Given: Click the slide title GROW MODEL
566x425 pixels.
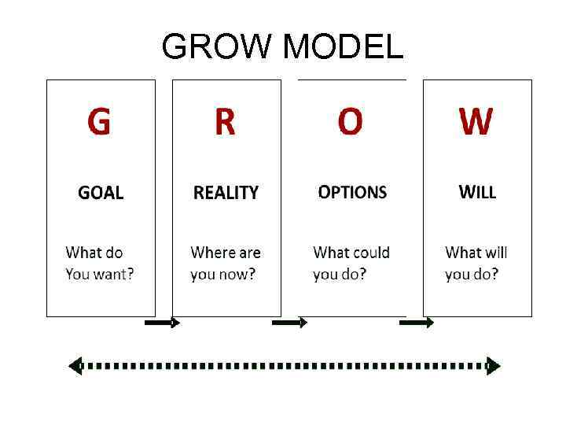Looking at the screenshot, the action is point(282,48).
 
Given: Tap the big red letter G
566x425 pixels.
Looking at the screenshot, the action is point(99,123).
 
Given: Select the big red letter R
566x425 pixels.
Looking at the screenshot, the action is point(225,123).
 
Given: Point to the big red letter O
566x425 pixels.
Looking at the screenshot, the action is point(351,123).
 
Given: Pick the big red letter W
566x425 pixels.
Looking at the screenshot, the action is point(476,123).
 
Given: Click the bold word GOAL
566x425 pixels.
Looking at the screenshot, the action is point(101,193).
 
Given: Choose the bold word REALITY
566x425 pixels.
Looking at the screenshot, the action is point(226,193).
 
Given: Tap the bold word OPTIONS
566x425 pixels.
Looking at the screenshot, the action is point(352,192).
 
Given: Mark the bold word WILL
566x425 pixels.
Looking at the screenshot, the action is point(477,192).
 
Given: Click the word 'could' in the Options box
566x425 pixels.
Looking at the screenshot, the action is point(371,253).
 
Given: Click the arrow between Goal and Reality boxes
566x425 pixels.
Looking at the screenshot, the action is point(164,323).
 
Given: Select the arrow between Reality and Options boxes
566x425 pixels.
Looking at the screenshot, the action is point(289,323).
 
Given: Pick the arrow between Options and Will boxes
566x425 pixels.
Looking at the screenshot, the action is point(416,323).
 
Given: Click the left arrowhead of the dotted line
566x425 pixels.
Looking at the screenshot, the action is point(75,366).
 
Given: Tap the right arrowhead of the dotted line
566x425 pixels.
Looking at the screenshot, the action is point(493,366).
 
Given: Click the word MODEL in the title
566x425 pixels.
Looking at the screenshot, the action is point(342,48).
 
